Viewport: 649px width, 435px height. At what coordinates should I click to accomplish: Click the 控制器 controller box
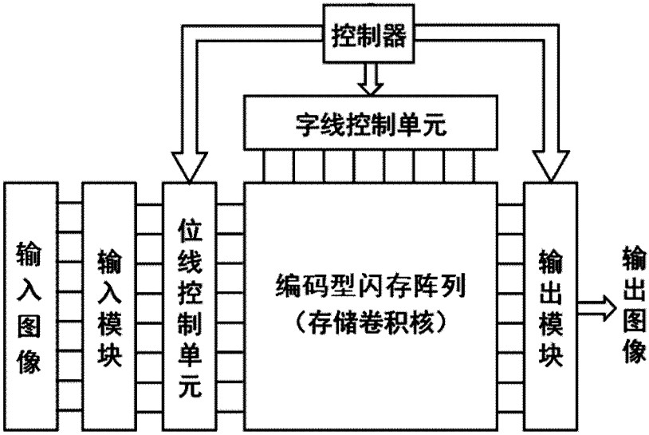click(x=368, y=34)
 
